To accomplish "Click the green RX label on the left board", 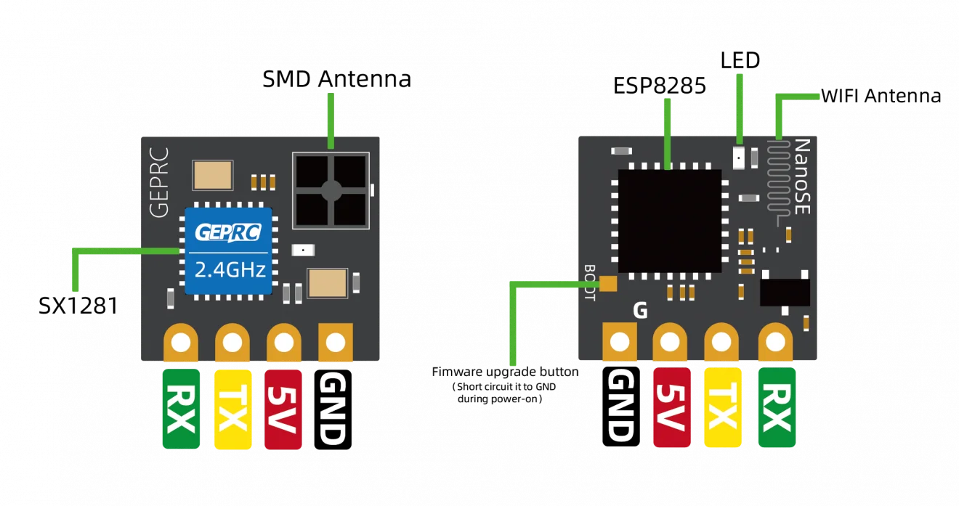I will (x=181, y=408).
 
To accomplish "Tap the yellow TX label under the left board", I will (x=232, y=408).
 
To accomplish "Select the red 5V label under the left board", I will (x=283, y=408).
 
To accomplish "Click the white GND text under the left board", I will (x=333, y=409).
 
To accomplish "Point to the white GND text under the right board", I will (x=620, y=405).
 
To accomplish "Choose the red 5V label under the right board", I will (x=671, y=407).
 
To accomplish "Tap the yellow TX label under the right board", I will (x=723, y=407).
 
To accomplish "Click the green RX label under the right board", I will (x=776, y=407).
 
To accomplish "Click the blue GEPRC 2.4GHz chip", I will (x=229, y=251).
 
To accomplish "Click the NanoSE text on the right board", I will (x=801, y=176).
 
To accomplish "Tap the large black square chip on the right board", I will (x=669, y=221).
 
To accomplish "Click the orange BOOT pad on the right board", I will (x=610, y=284).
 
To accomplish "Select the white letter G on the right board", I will (x=640, y=311).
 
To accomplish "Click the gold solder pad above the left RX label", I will (x=181, y=341).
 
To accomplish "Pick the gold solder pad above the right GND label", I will (x=620, y=342).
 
